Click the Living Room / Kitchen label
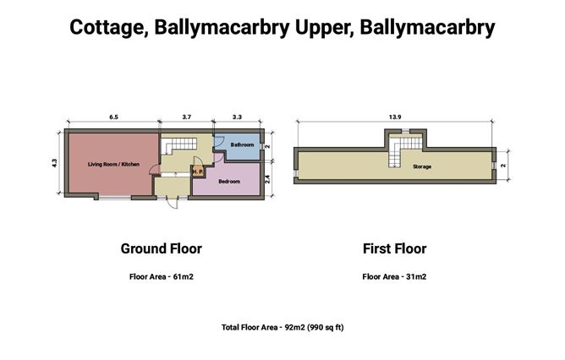point(113,164)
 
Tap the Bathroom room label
point(242,145)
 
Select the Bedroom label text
point(229,182)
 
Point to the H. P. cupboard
point(197,172)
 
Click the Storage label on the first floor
point(422,166)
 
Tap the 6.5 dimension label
point(113,117)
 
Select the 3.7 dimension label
point(187,117)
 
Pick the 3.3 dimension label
point(237,117)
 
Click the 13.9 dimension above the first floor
point(395,117)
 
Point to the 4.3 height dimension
point(54,163)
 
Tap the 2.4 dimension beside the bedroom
point(267,179)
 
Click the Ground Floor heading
point(161,248)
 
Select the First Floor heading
point(394,248)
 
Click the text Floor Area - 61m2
point(162,277)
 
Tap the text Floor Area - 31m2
point(394,277)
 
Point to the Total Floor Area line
point(282,327)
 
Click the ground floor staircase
point(178,145)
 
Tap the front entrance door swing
point(173,204)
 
